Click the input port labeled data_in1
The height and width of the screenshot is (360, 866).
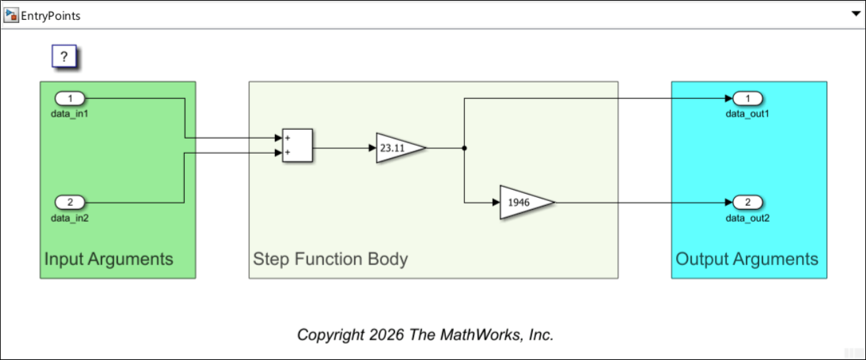[x=69, y=99]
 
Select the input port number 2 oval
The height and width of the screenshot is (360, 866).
[x=69, y=202]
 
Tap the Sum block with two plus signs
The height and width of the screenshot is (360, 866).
[x=297, y=145]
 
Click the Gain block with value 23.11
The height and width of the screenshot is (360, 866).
[x=398, y=148]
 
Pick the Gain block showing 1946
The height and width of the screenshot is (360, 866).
[x=524, y=202]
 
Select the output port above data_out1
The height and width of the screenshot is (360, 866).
[x=748, y=99]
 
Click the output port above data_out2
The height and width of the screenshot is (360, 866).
[x=748, y=202]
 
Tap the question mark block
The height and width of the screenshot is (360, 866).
[x=65, y=57]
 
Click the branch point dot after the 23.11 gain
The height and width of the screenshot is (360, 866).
[x=465, y=148]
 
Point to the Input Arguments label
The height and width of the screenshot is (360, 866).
[x=109, y=259]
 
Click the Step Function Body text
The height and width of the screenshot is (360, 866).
[x=330, y=259]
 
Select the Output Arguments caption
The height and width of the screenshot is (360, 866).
[x=747, y=259]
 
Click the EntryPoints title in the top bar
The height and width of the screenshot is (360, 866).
[x=51, y=15]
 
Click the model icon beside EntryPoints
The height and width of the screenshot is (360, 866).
[x=11, y=15]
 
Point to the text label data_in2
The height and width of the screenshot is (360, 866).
[x=69, y=217]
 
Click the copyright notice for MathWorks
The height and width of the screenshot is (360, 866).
[x=425, y=334]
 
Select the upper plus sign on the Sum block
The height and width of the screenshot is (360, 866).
[x=287, y=138]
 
